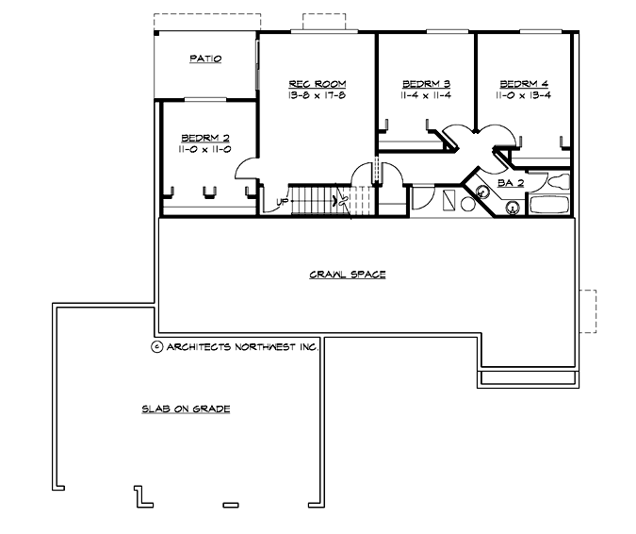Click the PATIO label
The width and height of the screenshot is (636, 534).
point(204,58)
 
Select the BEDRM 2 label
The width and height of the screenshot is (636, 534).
point(204,137)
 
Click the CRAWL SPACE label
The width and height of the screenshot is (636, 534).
point(348,275)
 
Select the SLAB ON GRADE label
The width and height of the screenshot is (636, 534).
point(187,409)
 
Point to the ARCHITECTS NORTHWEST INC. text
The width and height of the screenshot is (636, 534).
point(242,346)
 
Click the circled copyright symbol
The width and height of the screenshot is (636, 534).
point(156,346)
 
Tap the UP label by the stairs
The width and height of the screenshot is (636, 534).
point(282,202)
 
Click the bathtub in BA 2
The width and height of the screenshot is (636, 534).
point(550,205)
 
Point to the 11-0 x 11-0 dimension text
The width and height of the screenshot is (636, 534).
point(204,149)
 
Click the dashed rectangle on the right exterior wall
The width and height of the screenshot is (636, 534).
point(588,310)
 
